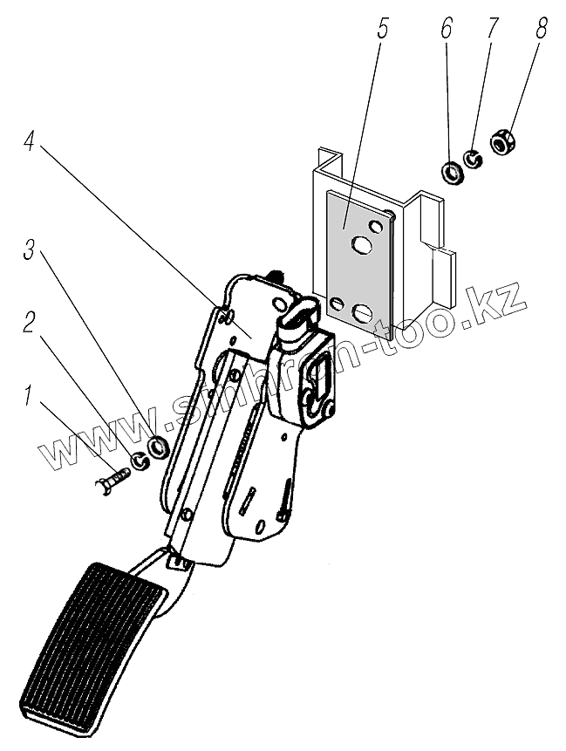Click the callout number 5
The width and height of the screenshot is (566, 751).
tap(382, 28)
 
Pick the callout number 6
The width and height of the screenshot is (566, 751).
tap(446, 28)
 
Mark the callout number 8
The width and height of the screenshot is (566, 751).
tap(542, 28)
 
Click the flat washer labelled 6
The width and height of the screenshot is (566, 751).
tap(452, 171)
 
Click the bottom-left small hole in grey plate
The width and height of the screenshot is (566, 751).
tap(336, 305)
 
